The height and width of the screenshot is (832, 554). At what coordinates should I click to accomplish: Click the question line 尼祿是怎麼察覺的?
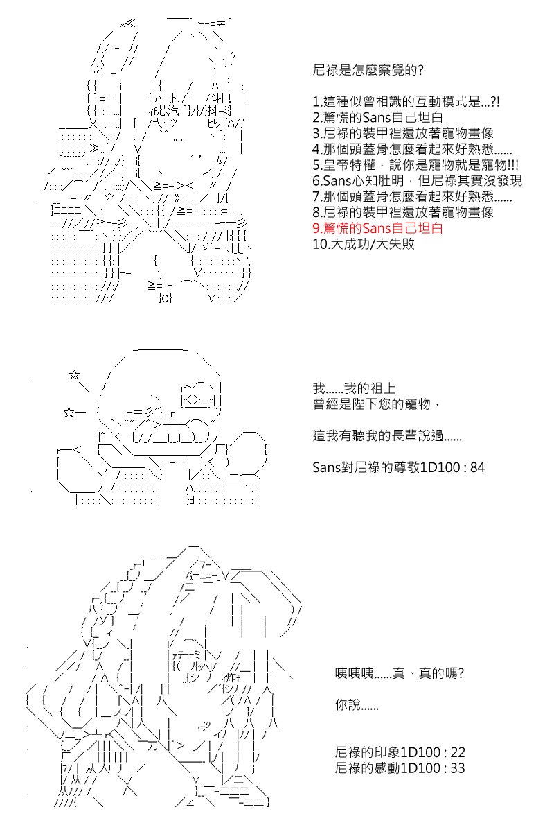pyautogui.click(x=368, y=70)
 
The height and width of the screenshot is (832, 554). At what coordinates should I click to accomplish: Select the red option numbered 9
pyautogui.click(x=377, y=228)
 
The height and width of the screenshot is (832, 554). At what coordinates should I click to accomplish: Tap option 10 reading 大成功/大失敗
pyautogui.click(x=364, y=244)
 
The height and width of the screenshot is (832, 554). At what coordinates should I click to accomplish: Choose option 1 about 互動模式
pyautogui.click(x=406, y=101)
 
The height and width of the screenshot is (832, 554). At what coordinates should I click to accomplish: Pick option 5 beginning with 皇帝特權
pyautogui.click(x=415, y=164)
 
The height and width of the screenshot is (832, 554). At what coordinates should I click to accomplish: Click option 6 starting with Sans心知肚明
pyautogui.click(x=417, y=180)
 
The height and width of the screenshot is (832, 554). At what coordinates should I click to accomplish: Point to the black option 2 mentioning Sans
pyautogui.click(x=377, y=117)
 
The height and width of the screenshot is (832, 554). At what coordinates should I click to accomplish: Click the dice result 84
pyautogui.click(x=477, y=467)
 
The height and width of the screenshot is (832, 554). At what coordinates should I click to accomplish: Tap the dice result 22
pyautogui.click(x=458, y=752)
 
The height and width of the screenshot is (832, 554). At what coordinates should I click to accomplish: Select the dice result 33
pyautogui.click(x=458, y=768)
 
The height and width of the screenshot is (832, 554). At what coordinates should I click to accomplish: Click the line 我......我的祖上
pyautogui.click(x=354, y=388)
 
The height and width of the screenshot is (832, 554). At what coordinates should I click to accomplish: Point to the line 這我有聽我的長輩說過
pyautogui.click(x=387, y=435)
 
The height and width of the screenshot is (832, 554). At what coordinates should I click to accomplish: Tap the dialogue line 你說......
pyautogui.click(x=357, y=704)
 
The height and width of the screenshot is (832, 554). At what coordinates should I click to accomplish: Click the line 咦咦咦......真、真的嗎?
pyautogui.click(x=400, y=673)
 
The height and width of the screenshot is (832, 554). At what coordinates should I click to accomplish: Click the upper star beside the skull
pyautogui.click(x=74, y=375)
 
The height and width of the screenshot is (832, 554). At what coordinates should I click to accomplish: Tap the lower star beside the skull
pyautogui.click(x=69, y=413)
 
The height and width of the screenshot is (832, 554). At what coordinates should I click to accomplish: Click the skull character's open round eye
pyautogui.click(x=193, y=399)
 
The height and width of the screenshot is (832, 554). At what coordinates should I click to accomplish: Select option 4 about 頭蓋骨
pyautogui.click(x=412, y=149)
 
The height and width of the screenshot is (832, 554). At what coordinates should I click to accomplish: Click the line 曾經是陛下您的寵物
pyautogui.click(x=376, y=404)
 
